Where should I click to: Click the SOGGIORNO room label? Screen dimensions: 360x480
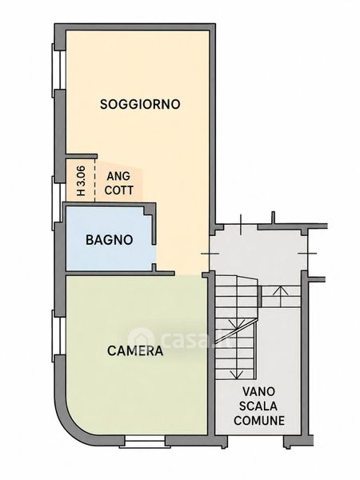coord(140,104)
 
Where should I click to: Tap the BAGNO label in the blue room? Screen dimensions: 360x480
coord(110,240)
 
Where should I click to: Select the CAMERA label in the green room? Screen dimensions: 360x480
coord(135,351)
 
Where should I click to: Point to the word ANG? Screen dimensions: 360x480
coord(118,176)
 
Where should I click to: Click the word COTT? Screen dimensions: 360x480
coord(118,190)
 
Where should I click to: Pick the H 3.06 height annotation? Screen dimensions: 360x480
coord(81,181)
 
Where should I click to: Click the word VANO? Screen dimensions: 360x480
coord(258,391)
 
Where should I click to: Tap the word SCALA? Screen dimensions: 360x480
coord(258,406)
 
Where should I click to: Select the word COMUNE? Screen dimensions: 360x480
coord(259,420)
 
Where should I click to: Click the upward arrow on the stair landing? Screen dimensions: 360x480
coord(281,296)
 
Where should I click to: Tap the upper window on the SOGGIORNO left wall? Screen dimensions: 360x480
coord(58,70)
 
